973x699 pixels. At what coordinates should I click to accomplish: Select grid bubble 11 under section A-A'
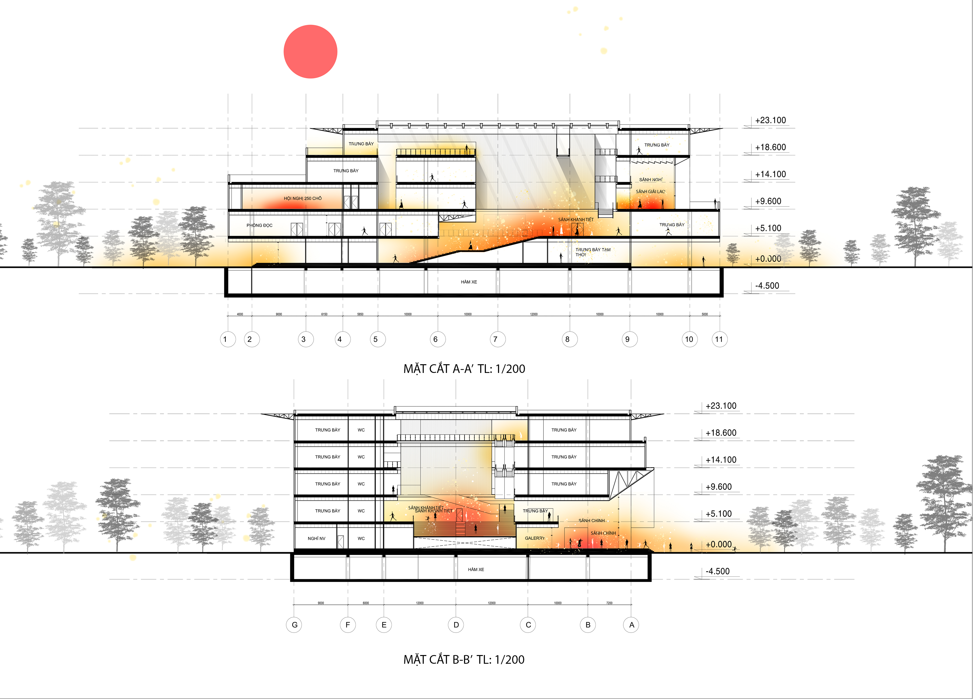(719, 339)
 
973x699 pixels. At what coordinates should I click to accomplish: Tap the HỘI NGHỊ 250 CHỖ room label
(302, 199)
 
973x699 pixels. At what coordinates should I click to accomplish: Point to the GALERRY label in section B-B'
(535, 538)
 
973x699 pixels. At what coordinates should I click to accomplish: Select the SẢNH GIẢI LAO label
(650, 192)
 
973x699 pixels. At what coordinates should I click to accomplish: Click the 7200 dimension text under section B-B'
(609, 603)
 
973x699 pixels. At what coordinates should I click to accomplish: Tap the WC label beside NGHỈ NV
(361, 539)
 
